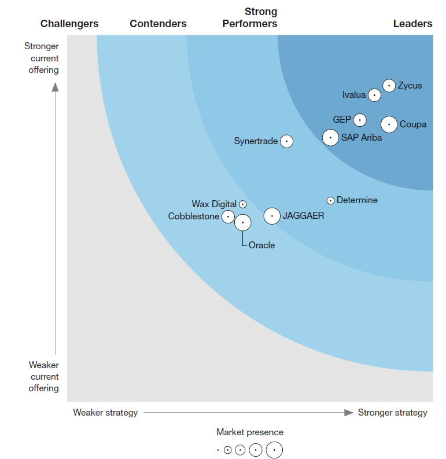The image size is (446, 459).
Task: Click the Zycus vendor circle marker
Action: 389,86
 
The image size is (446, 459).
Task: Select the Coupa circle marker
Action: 389,124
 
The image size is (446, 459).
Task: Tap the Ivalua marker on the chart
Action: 375,95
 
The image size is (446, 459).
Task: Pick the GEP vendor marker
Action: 360,120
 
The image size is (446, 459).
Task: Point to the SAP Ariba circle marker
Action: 330,138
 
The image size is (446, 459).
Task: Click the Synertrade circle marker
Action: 286,141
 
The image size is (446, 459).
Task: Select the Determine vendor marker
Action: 330,201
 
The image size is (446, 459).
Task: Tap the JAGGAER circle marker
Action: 272,216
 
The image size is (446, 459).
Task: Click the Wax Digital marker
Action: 243,204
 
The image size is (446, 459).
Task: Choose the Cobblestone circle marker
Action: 228,216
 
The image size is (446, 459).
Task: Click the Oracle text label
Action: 261,245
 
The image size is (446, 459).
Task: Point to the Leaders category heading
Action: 412,24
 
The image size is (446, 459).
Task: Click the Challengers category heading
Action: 69,24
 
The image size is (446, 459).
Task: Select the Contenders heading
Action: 158,24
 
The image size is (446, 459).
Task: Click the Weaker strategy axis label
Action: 105,413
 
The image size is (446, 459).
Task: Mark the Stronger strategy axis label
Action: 392,413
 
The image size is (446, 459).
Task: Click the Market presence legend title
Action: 250,432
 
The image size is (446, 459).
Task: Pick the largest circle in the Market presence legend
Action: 275,450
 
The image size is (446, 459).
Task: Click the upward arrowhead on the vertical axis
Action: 56,87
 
